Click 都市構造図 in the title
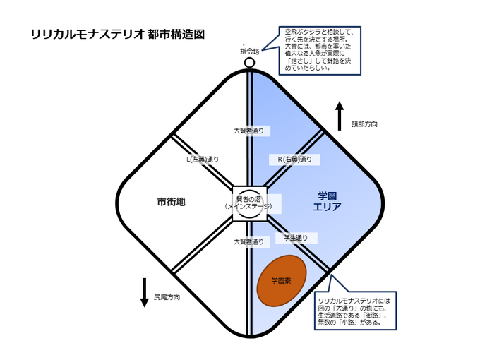tap(176, 33)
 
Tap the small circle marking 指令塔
tap(249, 63)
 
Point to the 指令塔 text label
tap(249, 52)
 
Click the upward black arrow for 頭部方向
tap(339, 116)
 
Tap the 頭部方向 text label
tap(364, 124)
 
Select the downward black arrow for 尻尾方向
tap(144, 291)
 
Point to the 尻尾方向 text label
tap(167, 297)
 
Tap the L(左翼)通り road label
tap(203, 159)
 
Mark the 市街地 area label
tap(171, 202)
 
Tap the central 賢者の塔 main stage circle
tap(249, 203)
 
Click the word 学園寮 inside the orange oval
tap(282, 281)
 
